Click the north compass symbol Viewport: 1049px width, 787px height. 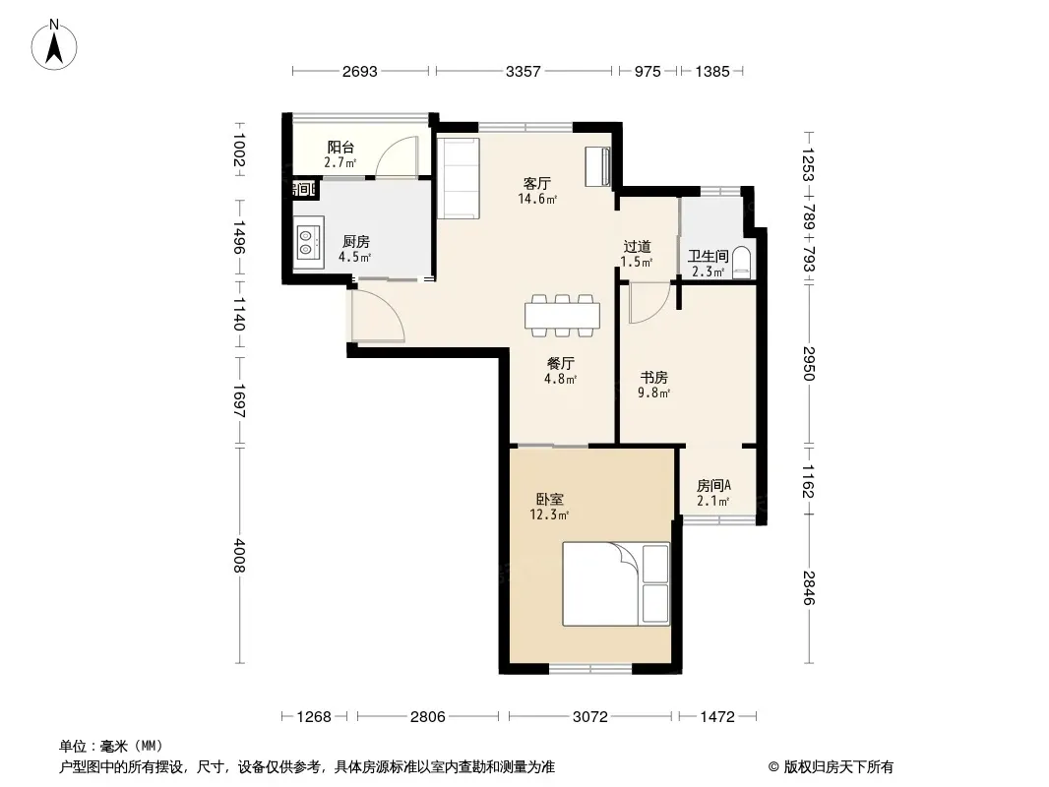[x=56, y=44]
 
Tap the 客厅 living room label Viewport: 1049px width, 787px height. [x=536, y=183]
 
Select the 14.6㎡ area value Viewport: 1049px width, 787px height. [x=537, y=199]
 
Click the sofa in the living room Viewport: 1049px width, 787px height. [x=459, y=178]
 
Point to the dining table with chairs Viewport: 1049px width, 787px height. [x=562, y=313]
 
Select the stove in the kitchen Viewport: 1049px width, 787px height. [x=308, y=242]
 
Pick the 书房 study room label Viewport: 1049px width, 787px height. [x=654, y=377]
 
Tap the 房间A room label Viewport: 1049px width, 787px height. [x=713, y=485]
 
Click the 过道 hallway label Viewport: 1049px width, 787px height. [x=637, y=247]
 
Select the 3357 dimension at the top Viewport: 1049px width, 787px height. [x=523, y=72]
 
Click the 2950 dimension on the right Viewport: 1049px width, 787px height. [x=808, y=363]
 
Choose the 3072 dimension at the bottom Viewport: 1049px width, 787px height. [x=589, y=717]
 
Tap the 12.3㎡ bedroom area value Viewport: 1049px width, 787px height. [x=549, y=515]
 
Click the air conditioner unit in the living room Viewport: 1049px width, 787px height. [x=597, y=165]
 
